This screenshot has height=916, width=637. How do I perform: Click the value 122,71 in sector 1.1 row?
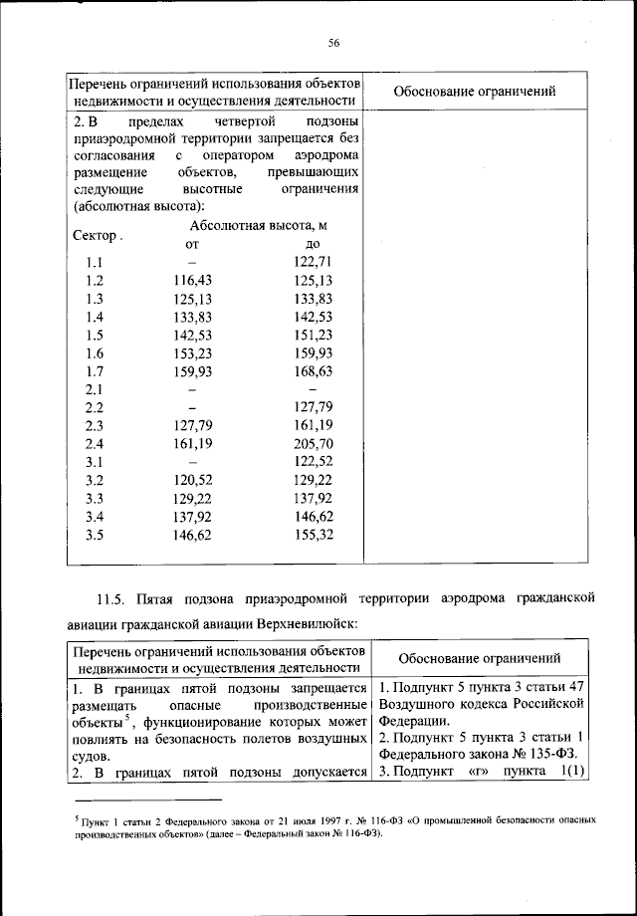tap(313, 262)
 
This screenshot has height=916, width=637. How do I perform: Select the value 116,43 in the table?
tap(192, 281)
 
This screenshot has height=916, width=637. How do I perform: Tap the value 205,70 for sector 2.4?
tap(313, 443)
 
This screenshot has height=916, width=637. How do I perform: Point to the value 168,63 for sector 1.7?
tap(313, 370)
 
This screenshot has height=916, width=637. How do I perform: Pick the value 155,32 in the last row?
tap(313, 534)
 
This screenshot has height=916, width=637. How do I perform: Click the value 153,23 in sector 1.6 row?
tap(192, 352)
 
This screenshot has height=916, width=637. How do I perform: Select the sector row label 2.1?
tap(95, 388)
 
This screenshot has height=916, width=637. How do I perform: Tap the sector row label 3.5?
tap(95, 534)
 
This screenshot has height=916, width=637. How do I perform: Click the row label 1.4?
tap(95, 317)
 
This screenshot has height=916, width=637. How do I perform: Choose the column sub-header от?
tap(192, 244)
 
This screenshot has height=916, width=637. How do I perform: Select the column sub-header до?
tap(313, 244)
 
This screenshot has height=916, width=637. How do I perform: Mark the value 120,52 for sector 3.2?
tap(192, 479)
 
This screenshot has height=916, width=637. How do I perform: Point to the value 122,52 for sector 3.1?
tap(313, 461)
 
